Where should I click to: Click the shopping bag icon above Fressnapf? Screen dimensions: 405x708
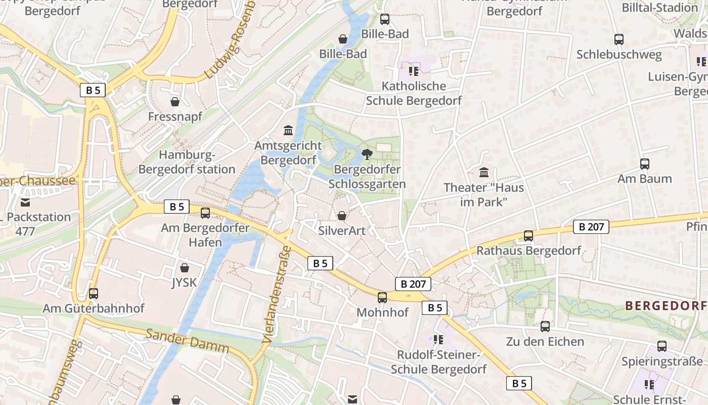click(175, 102)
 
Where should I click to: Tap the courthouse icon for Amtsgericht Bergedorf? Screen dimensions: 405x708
click(288, 131)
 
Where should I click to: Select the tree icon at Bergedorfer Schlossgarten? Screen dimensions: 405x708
click(367, 154)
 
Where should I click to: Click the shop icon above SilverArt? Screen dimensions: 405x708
click(342, 216)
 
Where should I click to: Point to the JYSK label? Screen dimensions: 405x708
click(184, 282)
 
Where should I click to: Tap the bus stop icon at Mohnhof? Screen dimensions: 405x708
click(382, 297)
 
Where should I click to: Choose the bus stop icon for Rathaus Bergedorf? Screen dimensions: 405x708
click(528, 235)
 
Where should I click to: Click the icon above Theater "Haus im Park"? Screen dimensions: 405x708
click(483, 172)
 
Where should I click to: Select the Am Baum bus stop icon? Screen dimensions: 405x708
click(644, 164)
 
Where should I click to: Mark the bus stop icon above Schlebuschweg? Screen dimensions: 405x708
click(618, 39)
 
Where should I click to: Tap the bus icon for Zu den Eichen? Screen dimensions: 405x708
click(545, 327)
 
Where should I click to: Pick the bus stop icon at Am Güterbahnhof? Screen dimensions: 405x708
click(93, 293)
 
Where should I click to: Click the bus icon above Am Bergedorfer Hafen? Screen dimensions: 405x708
click(205, 213)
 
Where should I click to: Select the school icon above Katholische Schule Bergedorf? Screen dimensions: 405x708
click(414, 71)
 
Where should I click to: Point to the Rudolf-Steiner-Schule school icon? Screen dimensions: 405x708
click(438, 339)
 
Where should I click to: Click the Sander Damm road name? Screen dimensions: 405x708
click(187, 341)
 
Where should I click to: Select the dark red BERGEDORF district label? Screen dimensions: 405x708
click(666, 305)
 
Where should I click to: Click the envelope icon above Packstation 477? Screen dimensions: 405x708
click(25, 202)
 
